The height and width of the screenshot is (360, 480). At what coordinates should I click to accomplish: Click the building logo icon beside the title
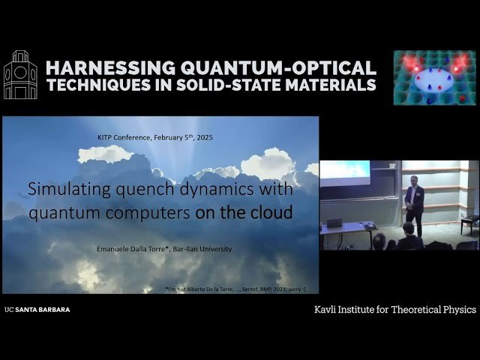pyautogui.click(x=21, y=75)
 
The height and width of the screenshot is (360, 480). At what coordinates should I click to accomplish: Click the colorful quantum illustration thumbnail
pyautogui.click(x=434, y=77)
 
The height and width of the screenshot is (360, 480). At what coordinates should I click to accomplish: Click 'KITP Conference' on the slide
pyautogui.click(x=124, y=137)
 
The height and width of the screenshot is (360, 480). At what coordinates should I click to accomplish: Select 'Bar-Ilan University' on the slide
pyautogui.click(x=205, y=249)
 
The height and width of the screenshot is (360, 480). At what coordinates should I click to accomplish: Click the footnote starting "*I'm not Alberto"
pyautogui.click(x=235, y=288)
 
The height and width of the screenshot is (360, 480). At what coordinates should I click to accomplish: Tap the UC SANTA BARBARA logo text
pyautogui.click(x=37, y=309)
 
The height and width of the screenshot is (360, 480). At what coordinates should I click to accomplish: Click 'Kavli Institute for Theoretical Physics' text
pyautogui.click(x=394, y=309)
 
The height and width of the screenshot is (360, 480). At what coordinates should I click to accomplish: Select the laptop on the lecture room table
pyautogui.click(x=334, y=223)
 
